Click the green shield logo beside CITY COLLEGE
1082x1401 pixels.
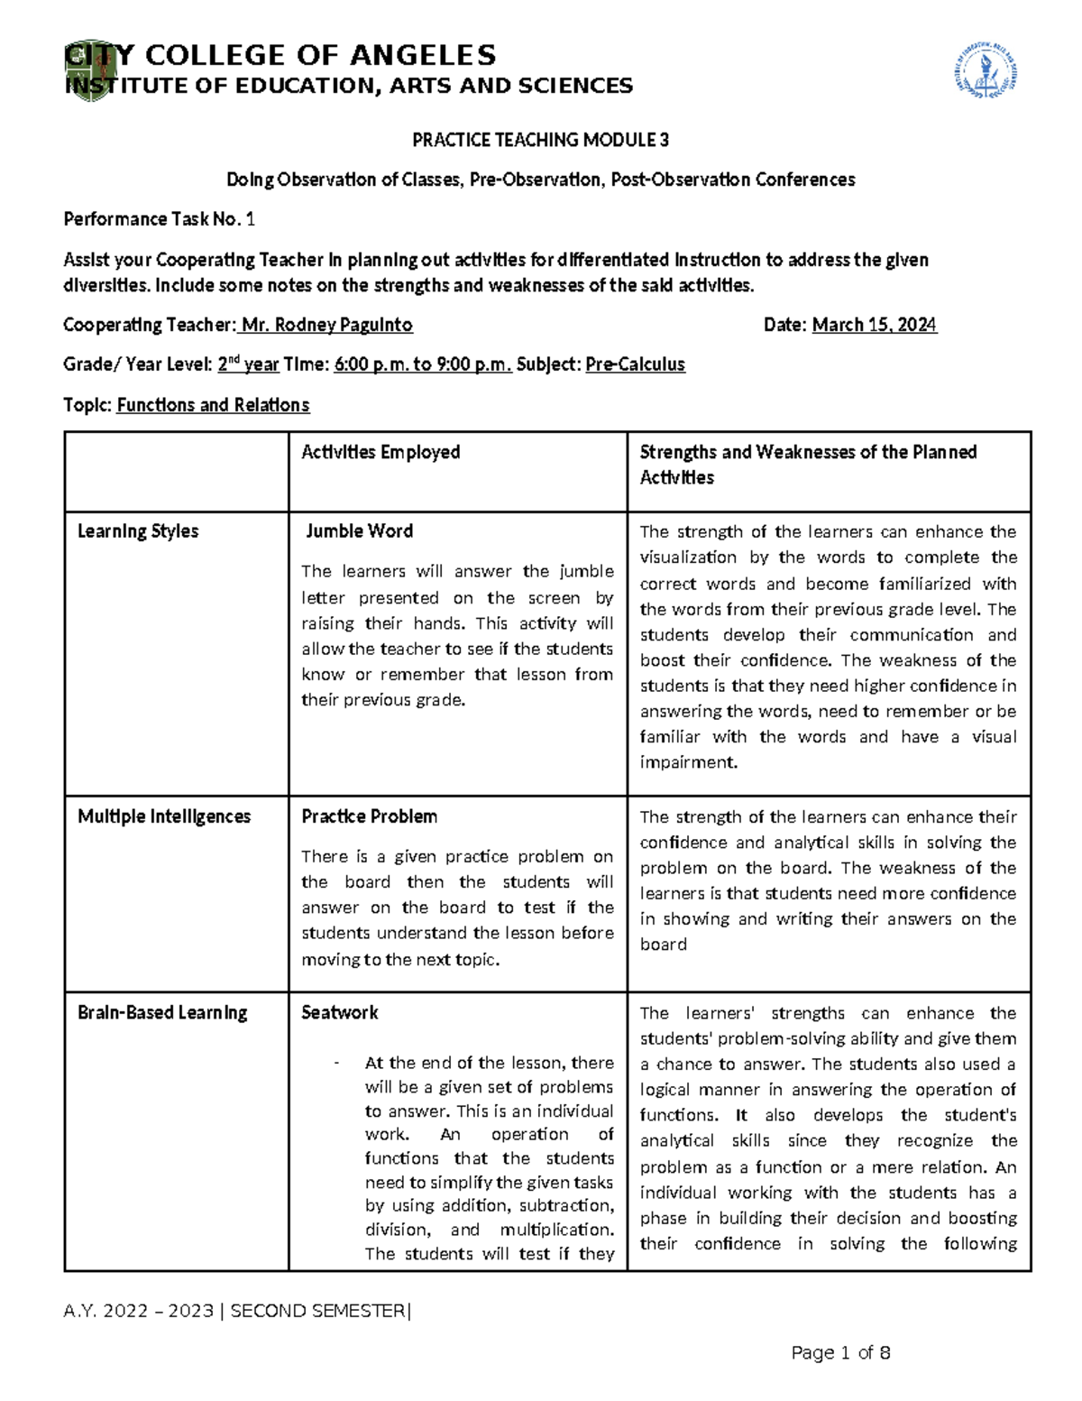(x=90, y=70)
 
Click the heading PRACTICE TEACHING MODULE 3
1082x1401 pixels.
(x=540, y=140)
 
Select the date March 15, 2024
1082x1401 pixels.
(x=874, y=325)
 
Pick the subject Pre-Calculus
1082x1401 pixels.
(x=635, y=364)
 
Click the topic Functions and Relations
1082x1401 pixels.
(x=213, y=405)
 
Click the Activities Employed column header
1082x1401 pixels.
(x=381, y=452)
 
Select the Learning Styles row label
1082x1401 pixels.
(x=138, y=531)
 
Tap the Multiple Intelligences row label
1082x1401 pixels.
(x=164, y=816)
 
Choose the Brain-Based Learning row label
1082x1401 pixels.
(x=162, y=1012)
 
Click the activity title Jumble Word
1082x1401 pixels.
(x=359, y=531)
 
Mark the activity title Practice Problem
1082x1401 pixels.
(x=369, y=816)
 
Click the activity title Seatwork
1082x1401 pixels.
(x=339, y=1012)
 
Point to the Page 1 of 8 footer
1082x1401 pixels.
(x=840, y=1352)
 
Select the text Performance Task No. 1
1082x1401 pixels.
(x=159, y=219)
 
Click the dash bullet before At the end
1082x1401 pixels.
(x=336, y=1063)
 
